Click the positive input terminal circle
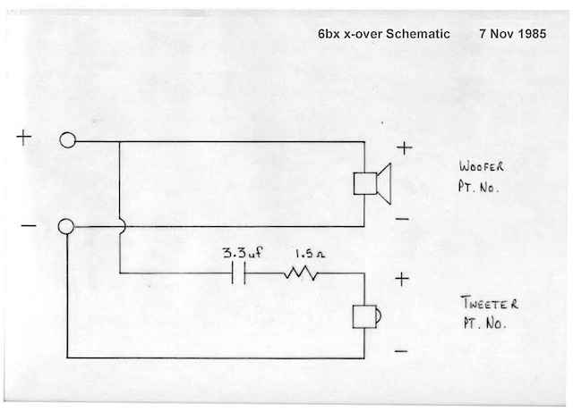(68, 140)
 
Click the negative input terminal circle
(66, 227)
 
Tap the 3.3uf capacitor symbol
(239, 273)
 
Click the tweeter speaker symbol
(368, 316)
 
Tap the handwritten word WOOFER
(483, 166)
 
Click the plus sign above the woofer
(405, 149)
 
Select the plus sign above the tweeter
(402, 280)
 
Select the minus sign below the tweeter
(401, 351)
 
